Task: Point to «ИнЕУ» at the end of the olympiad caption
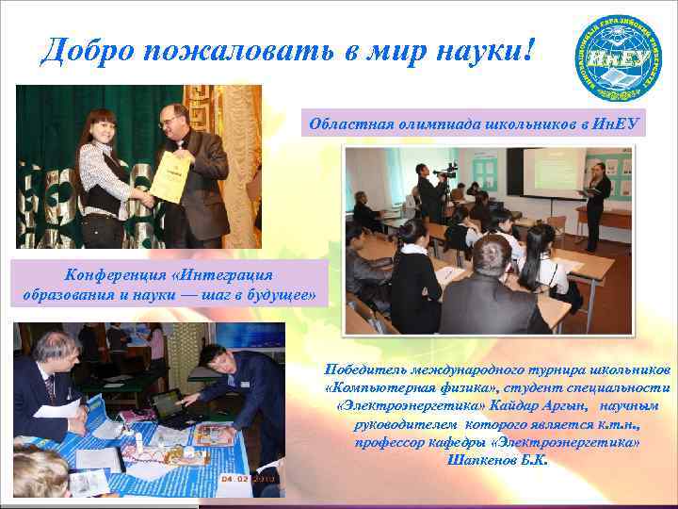[x=616, y=123]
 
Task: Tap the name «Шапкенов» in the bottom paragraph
[x=480, y=461]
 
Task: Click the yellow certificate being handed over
[x=169, y=176]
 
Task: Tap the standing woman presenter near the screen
[x=596, y=203]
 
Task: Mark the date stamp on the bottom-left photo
[x=248, y=478]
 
